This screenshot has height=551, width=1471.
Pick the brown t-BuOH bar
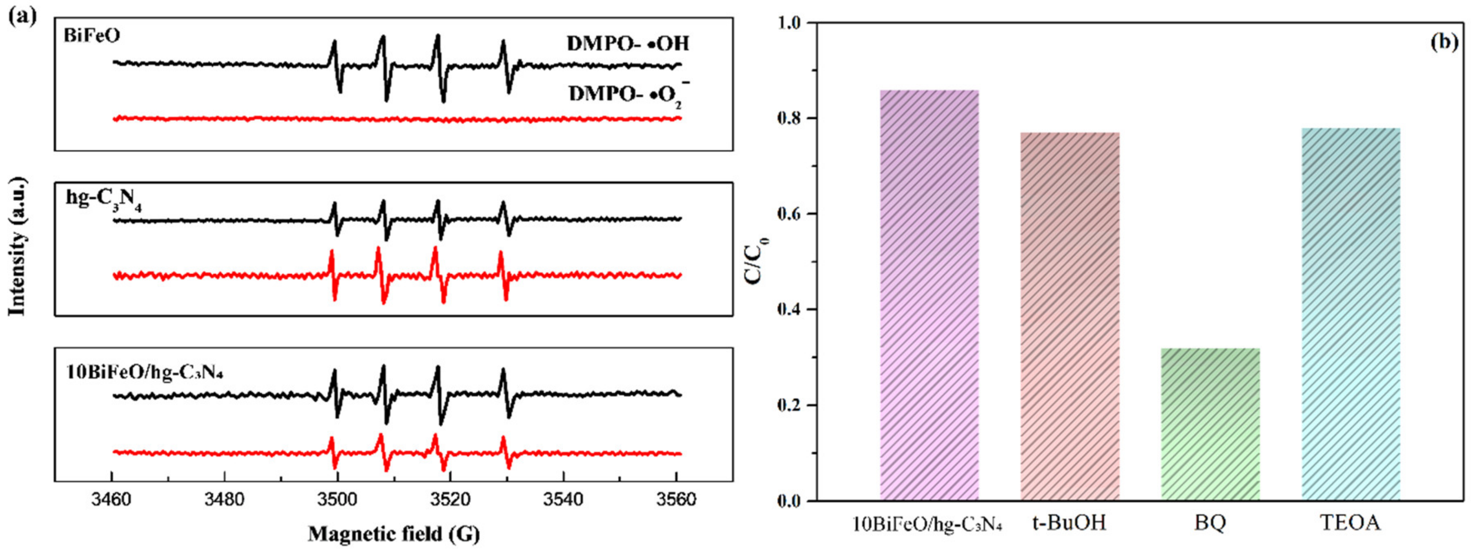pos(1070,316)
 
